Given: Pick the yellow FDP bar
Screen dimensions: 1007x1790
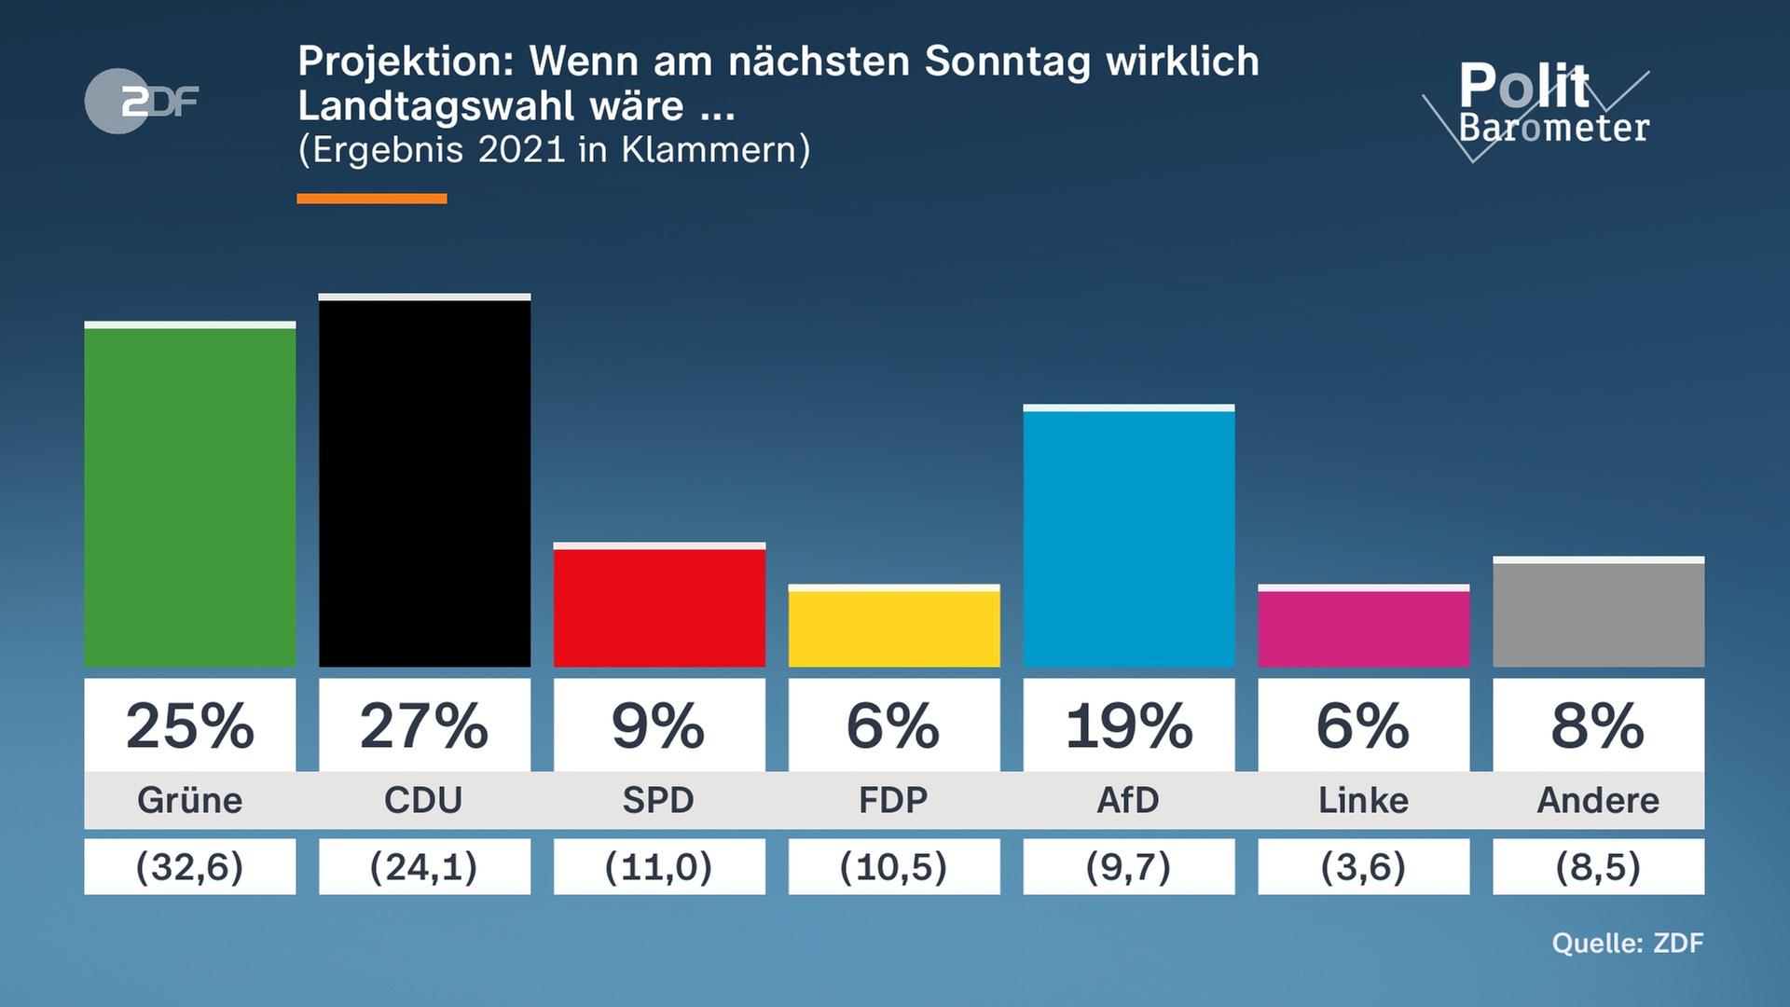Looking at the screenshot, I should click(894, 628).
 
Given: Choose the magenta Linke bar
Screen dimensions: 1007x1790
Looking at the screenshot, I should click(1363, 628).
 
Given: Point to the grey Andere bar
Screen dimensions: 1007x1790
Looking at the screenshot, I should click(1598, 614).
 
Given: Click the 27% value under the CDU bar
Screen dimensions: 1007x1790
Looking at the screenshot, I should click(424, 725).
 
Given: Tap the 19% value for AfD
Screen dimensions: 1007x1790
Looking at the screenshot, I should click(1128, 725).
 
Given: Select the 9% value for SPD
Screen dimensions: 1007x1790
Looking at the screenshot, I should click(659, 725).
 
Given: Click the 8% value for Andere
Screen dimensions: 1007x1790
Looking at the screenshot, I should click(1598, 725).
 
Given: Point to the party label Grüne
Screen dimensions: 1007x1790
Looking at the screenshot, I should click(189, 800).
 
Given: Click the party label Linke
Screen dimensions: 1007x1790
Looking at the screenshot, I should click(1363, 800).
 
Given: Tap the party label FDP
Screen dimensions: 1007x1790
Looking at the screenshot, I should click(894, 800).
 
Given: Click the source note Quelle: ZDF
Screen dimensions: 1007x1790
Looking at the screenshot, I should click(1627, 943).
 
